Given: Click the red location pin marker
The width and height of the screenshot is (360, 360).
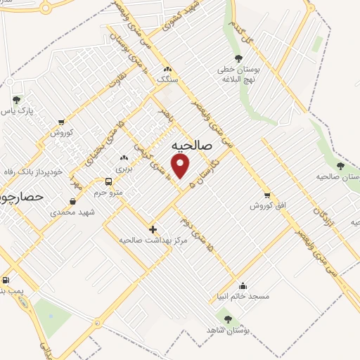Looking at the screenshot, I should (181, 166).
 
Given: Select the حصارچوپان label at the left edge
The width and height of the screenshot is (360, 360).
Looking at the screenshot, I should (22, 198).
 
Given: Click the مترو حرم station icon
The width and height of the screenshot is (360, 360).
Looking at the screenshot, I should (108, 181).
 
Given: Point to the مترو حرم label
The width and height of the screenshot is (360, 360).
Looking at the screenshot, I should (109, 192).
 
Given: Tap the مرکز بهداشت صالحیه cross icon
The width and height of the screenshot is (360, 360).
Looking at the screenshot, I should (153, 229).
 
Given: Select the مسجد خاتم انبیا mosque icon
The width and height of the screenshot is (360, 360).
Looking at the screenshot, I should (243, 285).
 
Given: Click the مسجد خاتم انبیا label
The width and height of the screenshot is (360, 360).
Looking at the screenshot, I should (243, 297).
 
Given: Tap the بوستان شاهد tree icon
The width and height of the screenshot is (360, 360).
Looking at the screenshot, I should (229, 319).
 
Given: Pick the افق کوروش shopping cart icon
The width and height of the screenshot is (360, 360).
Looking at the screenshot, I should (266, 195).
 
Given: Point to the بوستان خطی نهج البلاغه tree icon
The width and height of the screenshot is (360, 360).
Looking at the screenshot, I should (239, 59).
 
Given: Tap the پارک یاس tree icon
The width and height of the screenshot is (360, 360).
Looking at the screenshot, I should (15, 101).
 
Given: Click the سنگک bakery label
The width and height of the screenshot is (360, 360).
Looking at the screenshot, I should (167, 81).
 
